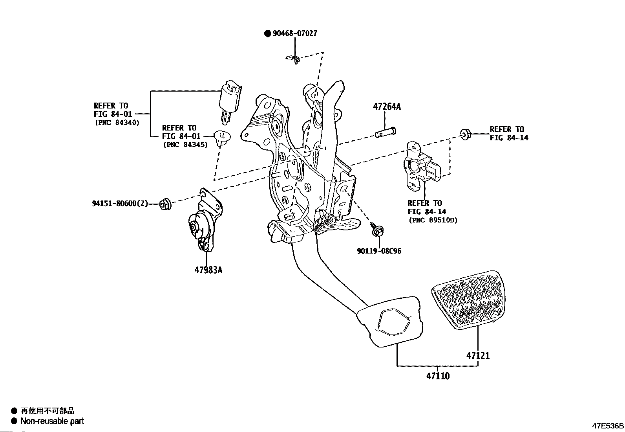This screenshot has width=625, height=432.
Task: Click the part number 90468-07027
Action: (x=295, y=33)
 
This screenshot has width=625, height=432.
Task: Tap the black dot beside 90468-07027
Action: (x=268, y=33)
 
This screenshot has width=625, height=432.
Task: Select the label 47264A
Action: (x=387, y=107)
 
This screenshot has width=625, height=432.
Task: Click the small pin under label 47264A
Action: (x=386, y=132)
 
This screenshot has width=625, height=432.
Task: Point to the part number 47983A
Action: (x=208, y=270)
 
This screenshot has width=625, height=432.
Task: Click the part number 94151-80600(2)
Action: (x=120, y=204)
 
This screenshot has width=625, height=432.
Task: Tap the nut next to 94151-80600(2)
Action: (x=165, y=204)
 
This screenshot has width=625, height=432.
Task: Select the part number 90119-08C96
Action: (x=379, y=251)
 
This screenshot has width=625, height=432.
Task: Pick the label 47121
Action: (x=478, y=356)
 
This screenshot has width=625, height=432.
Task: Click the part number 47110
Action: (x=438, y=376)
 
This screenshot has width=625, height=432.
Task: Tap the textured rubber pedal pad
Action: (x=468, y=300)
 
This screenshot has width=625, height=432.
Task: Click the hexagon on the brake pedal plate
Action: (x=393, y=322)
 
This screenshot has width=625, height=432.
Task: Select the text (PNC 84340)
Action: (x=117, y=122)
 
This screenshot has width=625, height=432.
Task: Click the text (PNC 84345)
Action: (x=186, y=145)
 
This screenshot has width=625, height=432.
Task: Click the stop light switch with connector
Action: (x=230, y=102)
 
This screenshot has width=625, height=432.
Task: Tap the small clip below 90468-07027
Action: (x=293, y=59)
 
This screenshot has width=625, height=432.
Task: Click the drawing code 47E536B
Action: (x=608, y=426)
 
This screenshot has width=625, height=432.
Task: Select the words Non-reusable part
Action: (x=52, y=421)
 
